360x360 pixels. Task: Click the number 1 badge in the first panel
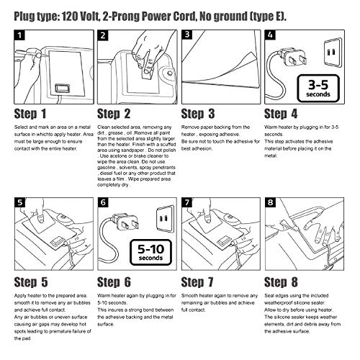(17, 34)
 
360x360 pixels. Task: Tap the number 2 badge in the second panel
(102, 34)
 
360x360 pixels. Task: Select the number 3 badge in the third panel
(187, 34)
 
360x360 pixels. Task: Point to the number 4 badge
(271, 34)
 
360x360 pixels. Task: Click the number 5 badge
(17, 201)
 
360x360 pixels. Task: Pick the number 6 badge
(102, 201)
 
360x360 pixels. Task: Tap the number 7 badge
(187, 201)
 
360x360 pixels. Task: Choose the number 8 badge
(271, 201)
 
